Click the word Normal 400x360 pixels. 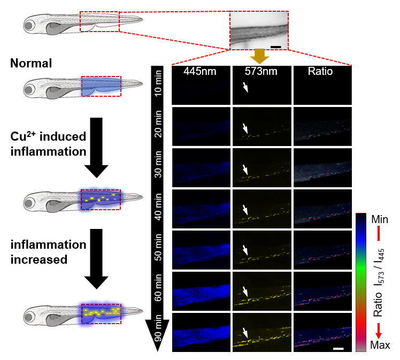click(x=30, y=64)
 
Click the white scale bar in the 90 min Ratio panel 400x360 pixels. click(x=338, y=349)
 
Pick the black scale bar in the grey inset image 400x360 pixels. click(x=275, y=47)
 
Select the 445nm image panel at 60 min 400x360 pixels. click(x=201, y=290)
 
